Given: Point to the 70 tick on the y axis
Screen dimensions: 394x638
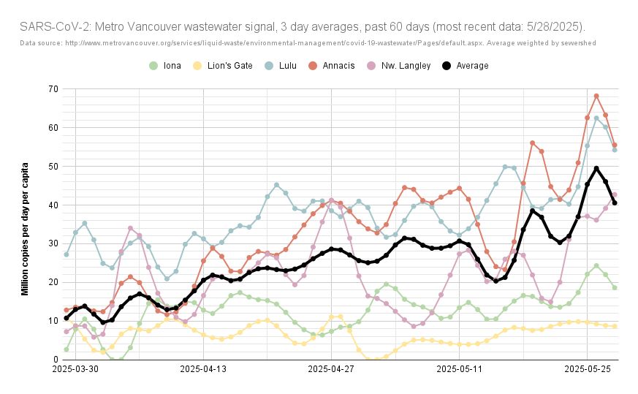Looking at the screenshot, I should [x=53, y=89].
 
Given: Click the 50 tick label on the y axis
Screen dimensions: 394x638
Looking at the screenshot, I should [x=53, y=167].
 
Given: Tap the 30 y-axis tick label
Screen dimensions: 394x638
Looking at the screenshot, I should [x=53, y=243].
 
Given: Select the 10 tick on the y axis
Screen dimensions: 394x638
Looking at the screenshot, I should [x=53, y=321].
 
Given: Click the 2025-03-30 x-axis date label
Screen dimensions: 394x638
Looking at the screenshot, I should [x=76, y=370].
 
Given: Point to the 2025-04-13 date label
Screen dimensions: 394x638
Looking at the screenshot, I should [x=204, y=370].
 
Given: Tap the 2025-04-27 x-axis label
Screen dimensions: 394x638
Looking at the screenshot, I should [x=332, y=370].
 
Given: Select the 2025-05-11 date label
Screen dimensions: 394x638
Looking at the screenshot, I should [x=460, y=370].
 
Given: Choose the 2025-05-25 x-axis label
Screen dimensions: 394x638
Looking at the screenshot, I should [x=588, y=370].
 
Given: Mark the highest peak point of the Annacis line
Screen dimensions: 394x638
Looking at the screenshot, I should [x=596, y=96].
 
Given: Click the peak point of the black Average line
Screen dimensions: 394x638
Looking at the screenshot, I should [x=596, y=168].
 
